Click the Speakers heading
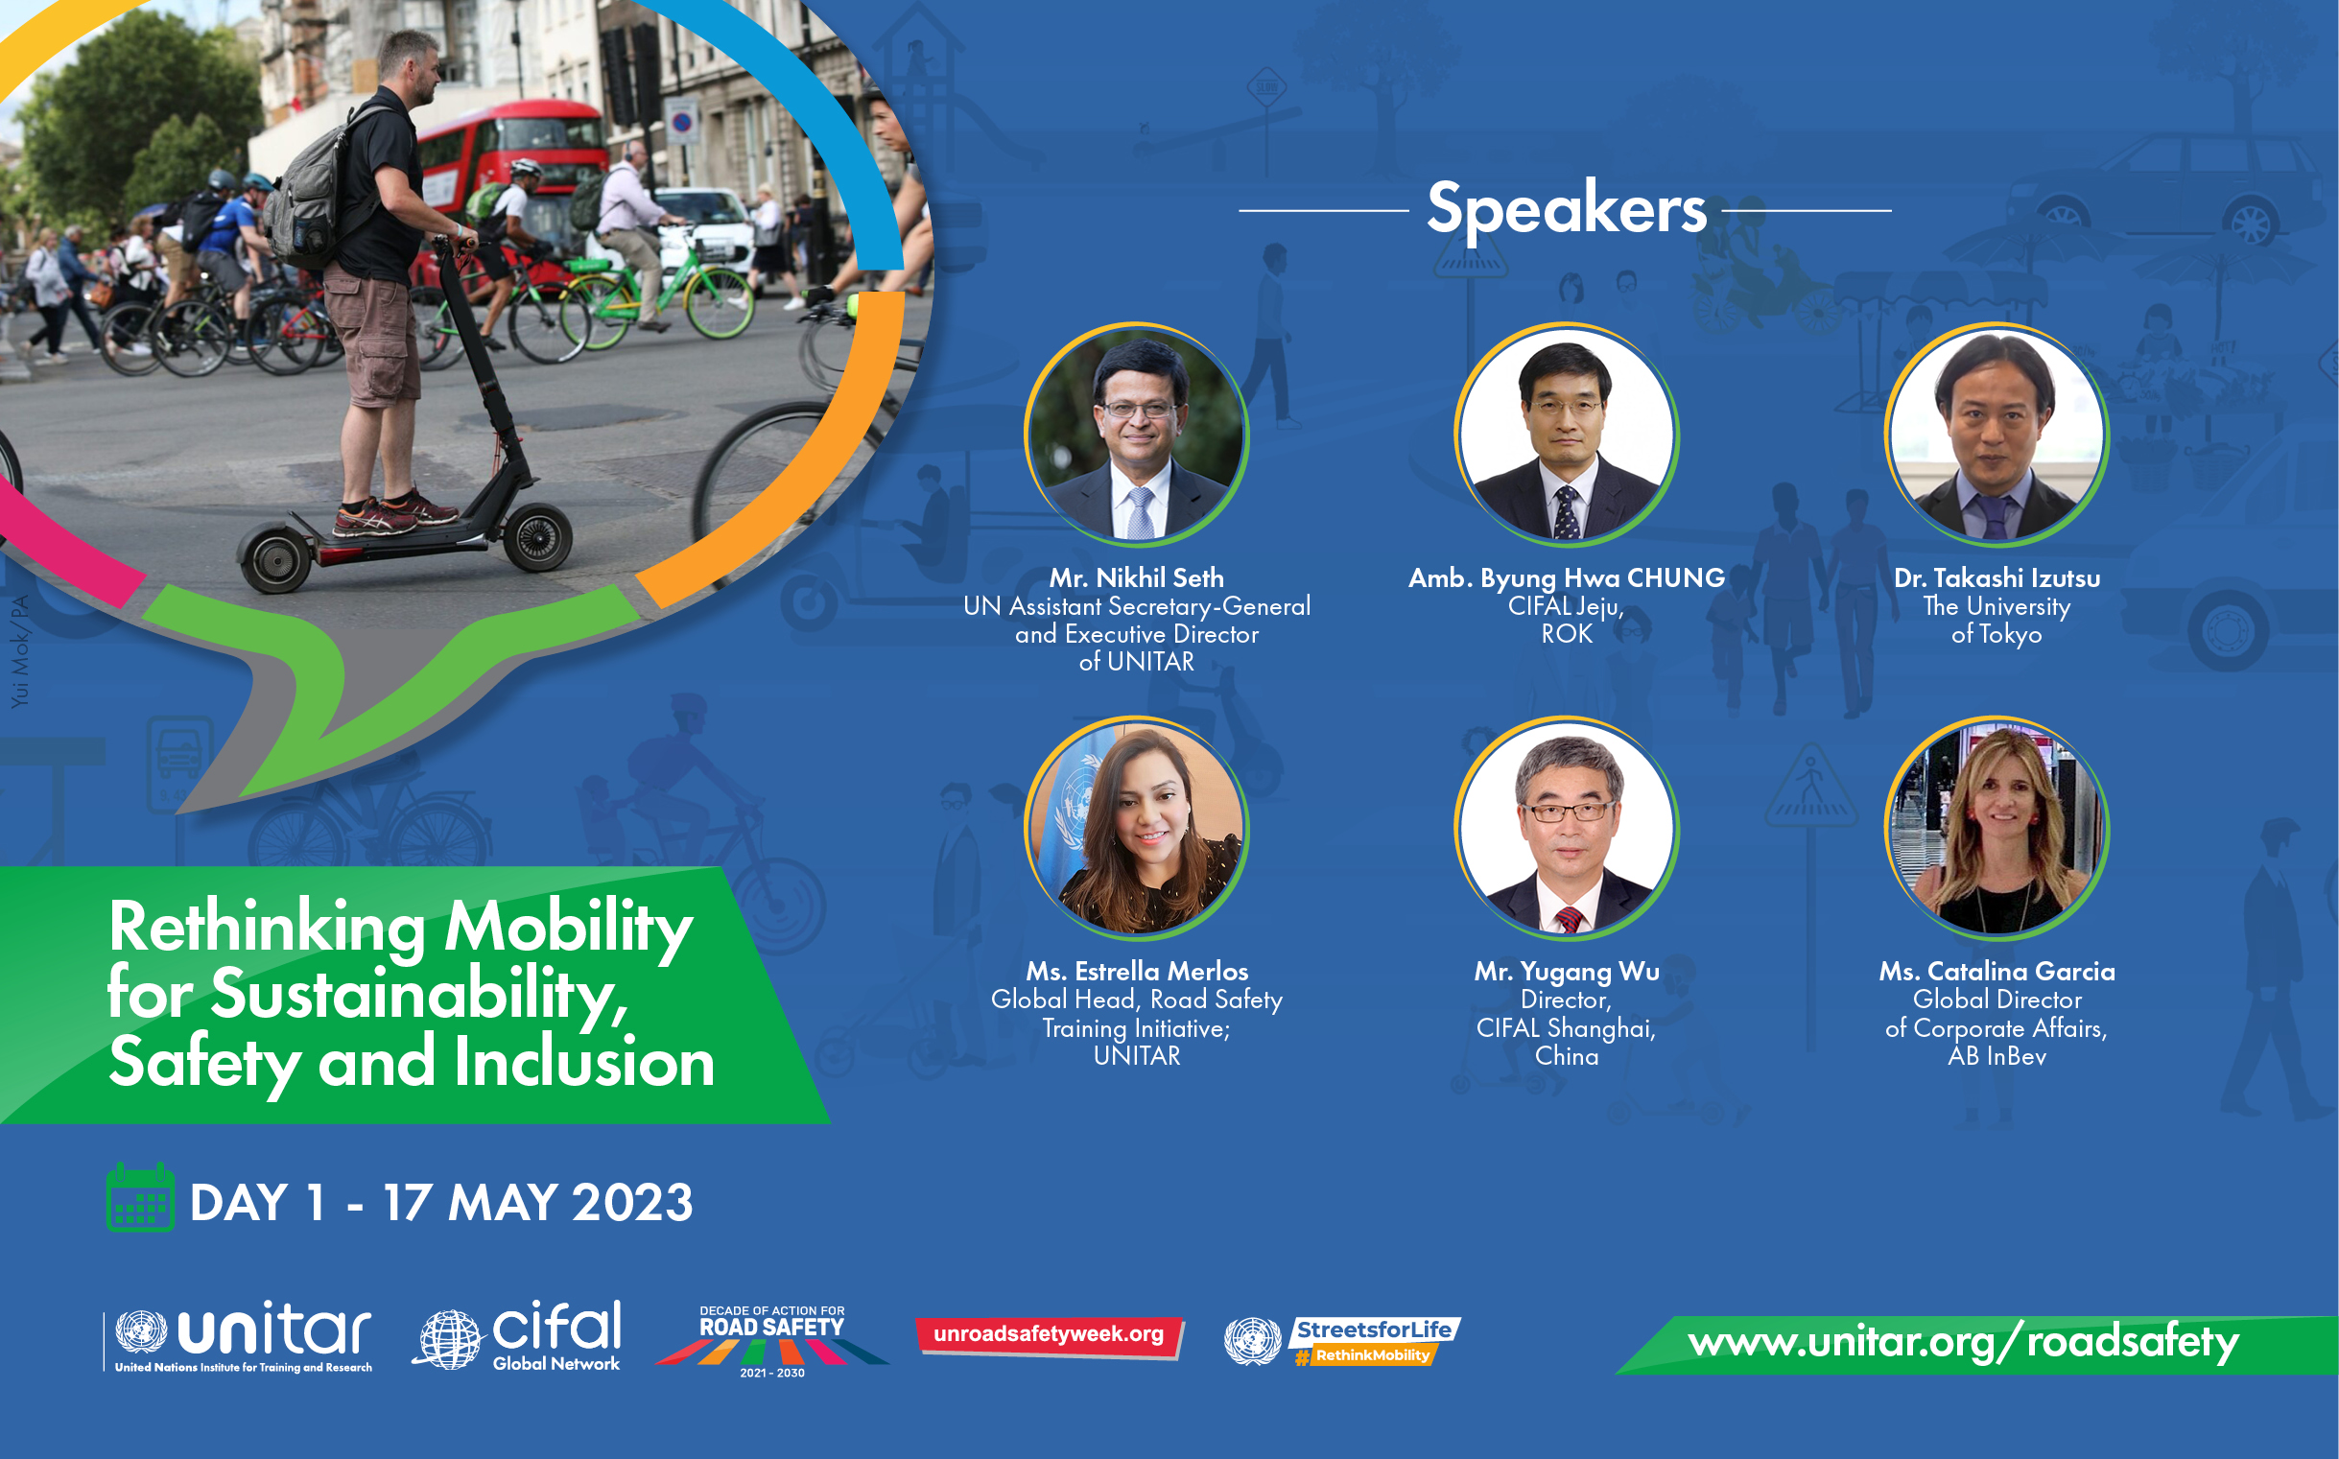(1566, 208)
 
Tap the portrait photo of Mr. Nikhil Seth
(1137, 435)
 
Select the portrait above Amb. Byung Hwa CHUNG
(1566, 435)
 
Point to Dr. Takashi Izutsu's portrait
(1996, 435)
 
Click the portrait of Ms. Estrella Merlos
(1137, 828)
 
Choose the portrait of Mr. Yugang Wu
(1566, 828)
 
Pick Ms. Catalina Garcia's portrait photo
(1996, 828)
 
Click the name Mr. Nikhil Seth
(1137, 578)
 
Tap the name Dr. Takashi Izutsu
(1996, 578)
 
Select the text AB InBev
(1996, 1057)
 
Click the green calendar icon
(140, 1197)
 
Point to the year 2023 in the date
(632, 1203)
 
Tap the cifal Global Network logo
(518, 1335)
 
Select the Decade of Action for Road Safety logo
(772, 1341)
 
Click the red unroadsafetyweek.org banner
(1050, 1337)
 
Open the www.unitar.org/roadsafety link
(1963, 1343)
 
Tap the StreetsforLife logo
(1342, 1341)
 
